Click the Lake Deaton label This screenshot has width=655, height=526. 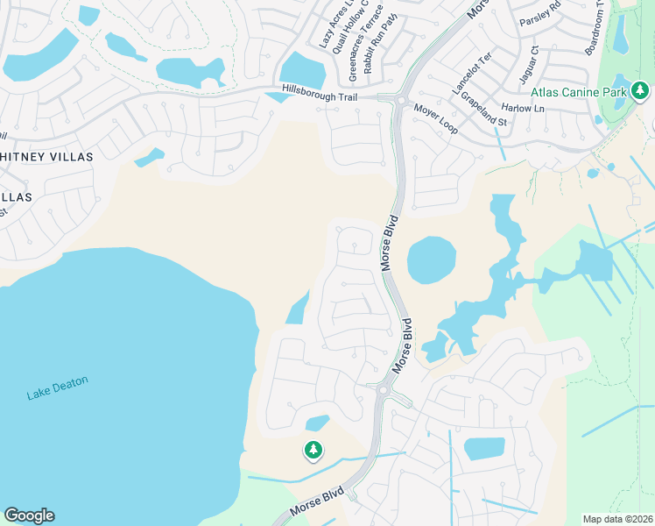(x=57, y=387)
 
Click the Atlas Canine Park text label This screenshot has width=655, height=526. (x=578, y=91)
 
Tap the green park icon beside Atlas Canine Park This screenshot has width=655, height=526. (x=640, y=90)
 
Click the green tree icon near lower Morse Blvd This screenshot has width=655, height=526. (x=313, y=451)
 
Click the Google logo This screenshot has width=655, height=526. (x=29, y=515)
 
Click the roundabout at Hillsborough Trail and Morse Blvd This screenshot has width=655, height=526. (x=399, y=100)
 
